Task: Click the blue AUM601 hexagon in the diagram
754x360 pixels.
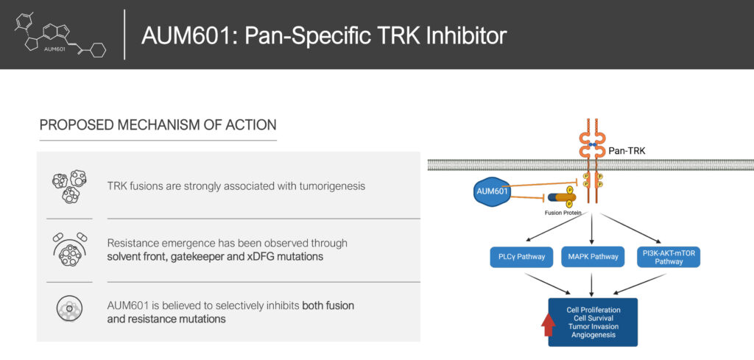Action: (x=492, y=191)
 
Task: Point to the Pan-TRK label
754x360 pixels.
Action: (x=627, y=151)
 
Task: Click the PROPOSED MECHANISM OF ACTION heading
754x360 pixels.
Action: (x=158, y=125)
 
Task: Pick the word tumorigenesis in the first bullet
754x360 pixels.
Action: (x=332, y=186)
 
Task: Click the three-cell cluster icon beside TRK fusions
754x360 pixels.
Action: (x=69, y=186)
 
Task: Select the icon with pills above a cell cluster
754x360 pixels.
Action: (x=69, y=250)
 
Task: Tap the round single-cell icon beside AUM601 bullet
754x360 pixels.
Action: (x=69, y=308)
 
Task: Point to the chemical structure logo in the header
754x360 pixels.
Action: (x=61, y=35)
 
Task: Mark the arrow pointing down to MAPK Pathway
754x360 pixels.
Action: (x=592, y=229)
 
